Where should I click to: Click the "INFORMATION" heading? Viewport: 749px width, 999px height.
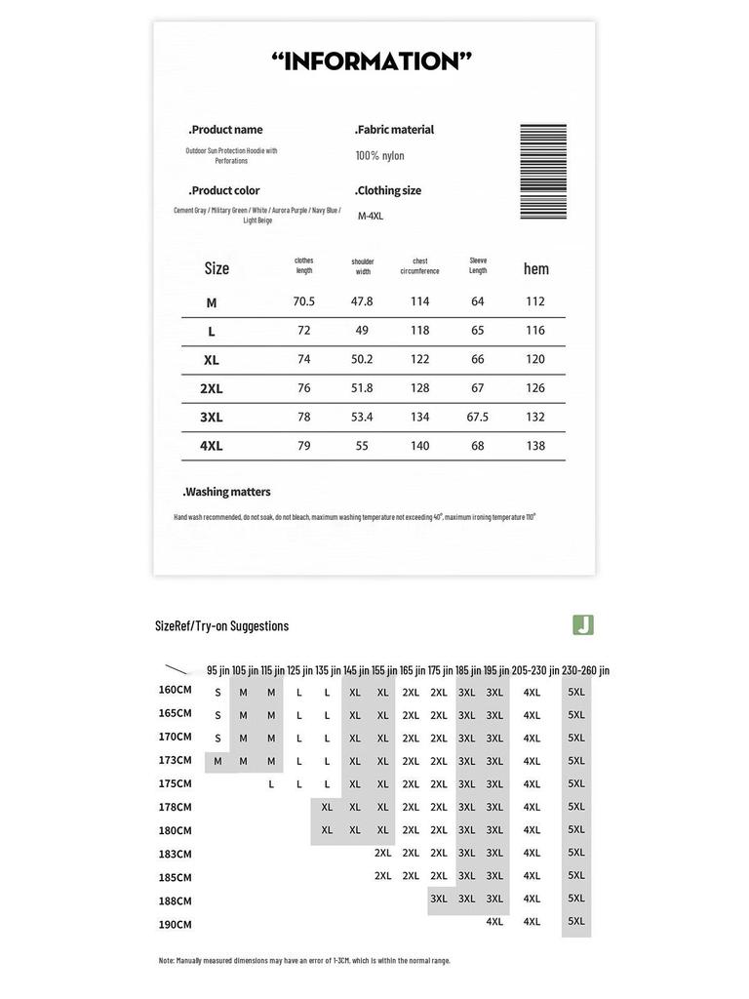tap(372, 61)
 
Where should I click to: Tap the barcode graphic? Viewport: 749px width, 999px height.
tap(542, 173)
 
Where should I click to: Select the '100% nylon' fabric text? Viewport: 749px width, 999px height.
tap(379, 156)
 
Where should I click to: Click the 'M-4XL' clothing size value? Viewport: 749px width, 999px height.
tap(370, 217)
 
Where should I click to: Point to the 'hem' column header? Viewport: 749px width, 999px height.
tap(535, 269)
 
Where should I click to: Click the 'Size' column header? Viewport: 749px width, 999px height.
tap(217, 268)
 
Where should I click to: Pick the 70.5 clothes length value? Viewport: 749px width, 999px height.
tap(304, 302)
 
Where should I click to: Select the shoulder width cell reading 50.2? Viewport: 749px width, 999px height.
tap(362, 359)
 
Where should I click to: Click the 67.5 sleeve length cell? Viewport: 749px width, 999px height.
tap(478, 417)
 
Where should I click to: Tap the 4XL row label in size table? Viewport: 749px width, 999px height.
tap(212, 446)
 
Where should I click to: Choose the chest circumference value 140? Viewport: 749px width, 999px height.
tap(419, 446)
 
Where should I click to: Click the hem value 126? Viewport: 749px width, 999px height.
tap(535, 388)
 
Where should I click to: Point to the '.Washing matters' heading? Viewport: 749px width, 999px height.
tap(227, 493)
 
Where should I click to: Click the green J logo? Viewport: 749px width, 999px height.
tap(583, 624)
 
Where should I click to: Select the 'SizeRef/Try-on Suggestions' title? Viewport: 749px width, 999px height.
tap(222, 626)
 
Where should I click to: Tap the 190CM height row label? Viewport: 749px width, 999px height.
tap(176, 924)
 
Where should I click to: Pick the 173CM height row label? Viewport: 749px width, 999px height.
tap(176, 760)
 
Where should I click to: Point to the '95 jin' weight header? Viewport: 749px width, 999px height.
tap(217, 670)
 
